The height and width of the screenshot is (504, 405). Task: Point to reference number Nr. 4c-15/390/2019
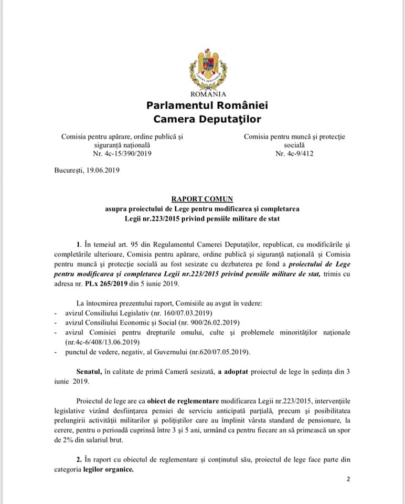point(122,153)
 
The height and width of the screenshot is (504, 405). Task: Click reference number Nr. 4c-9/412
point(294,153)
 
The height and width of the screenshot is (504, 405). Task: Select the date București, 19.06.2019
point(87,171)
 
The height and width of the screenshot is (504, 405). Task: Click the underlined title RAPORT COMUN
point(202,199)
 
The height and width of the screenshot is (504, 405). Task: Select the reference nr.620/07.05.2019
point(211,351)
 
